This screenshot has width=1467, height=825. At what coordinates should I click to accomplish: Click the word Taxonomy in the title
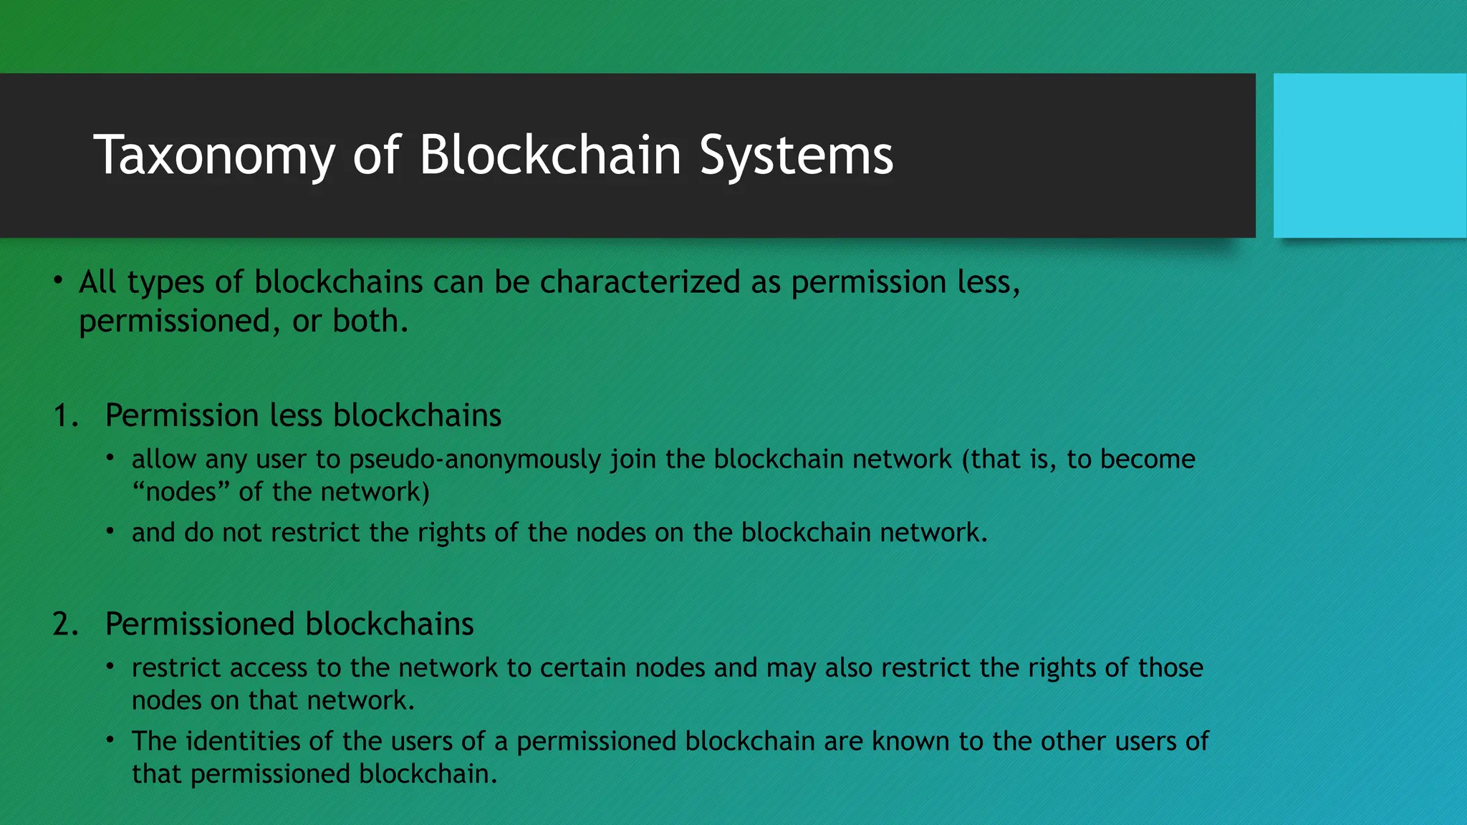pos(214,156)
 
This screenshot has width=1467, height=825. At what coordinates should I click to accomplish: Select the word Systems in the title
pos(796,156)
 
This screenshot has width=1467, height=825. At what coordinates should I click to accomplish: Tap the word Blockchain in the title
pos(550,155)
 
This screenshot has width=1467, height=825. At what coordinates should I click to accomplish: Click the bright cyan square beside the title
pos(1370,155)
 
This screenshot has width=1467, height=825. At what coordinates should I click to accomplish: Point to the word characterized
pos(640,282)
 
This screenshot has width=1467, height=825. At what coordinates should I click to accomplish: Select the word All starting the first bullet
pos(97,282)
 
